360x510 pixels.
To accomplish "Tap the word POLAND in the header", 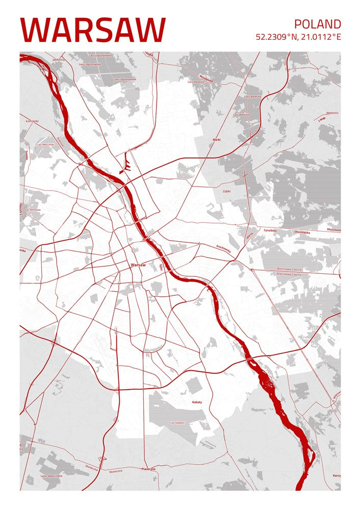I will [x=317, y=24].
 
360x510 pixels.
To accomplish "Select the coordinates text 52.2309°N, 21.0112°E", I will [x=298, y=37].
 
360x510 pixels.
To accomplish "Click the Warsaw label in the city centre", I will [x=138, y=265].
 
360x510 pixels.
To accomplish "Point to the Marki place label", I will [x=217, y=139].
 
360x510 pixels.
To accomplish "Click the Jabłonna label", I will [x=59, y=60].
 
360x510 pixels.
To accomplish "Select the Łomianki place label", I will [x=32, y=121].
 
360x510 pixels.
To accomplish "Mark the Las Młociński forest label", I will [x=46, y=144].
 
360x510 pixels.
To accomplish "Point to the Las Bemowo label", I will [x=33, y=210].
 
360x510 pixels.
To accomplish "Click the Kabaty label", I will [x=197, y=402].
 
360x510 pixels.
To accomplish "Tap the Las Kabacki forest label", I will [x=177, y=423].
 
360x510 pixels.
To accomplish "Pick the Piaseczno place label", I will [x=148, y=468].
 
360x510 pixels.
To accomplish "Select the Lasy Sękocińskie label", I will [x=52, y=476].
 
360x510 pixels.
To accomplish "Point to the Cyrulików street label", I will [x=270, y=230].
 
